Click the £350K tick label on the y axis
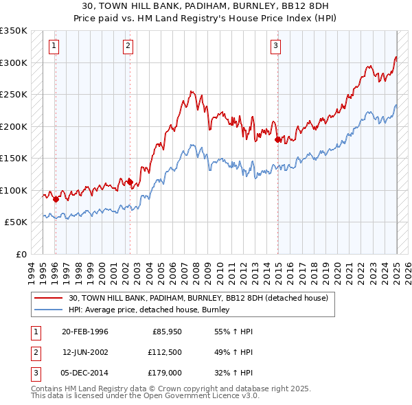click(14, 31)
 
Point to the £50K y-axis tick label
click(16, 222)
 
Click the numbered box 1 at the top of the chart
click(54, 46)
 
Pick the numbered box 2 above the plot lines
click(128, 46)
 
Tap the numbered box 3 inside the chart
click(275, 46)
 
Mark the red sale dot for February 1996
click(56, 199)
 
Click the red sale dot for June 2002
click(130, 182)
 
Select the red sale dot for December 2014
click(277, 139)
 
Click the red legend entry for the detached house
click(198, 298)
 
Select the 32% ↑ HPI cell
click(233, 373)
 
